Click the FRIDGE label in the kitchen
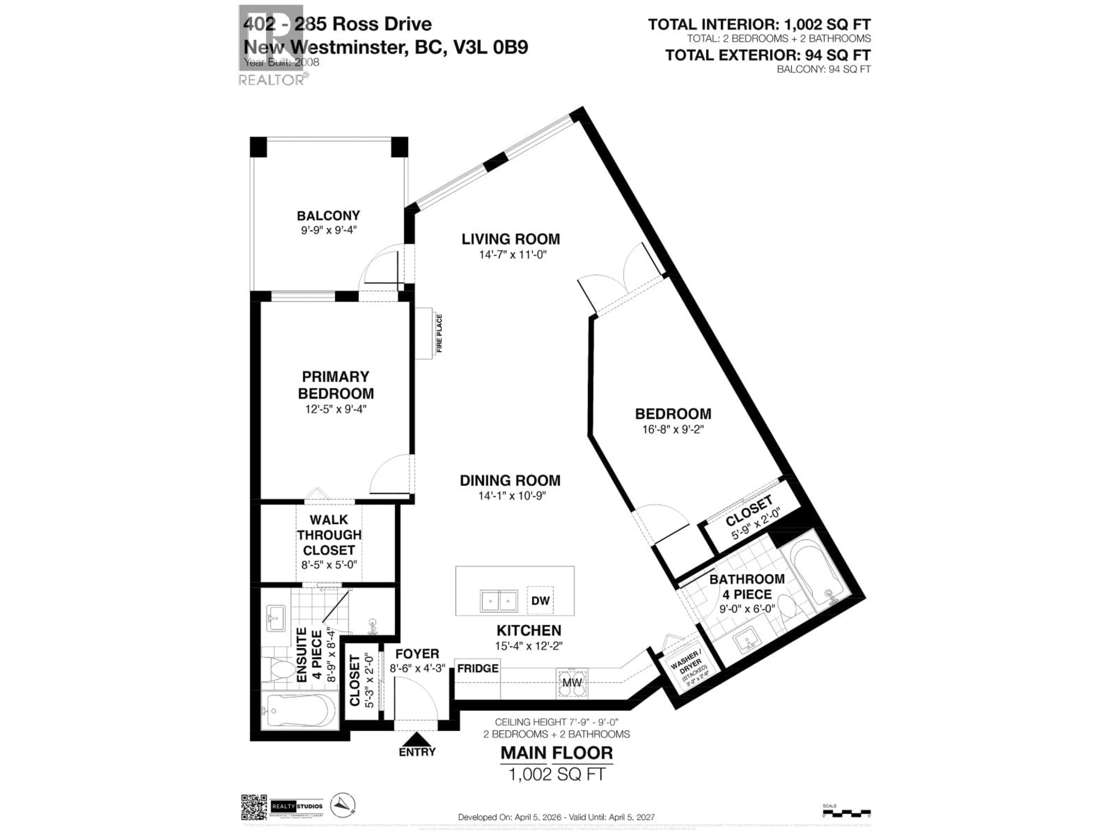click(478, 668)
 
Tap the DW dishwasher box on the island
click(540, 601)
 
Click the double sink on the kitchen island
click(499, 601)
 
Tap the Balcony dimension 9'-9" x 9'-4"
click(328, 230)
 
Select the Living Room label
click(511, 239)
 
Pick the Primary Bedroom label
click(335, 385)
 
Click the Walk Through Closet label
click(329, 535)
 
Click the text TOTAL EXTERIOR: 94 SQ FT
click(768, 55)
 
